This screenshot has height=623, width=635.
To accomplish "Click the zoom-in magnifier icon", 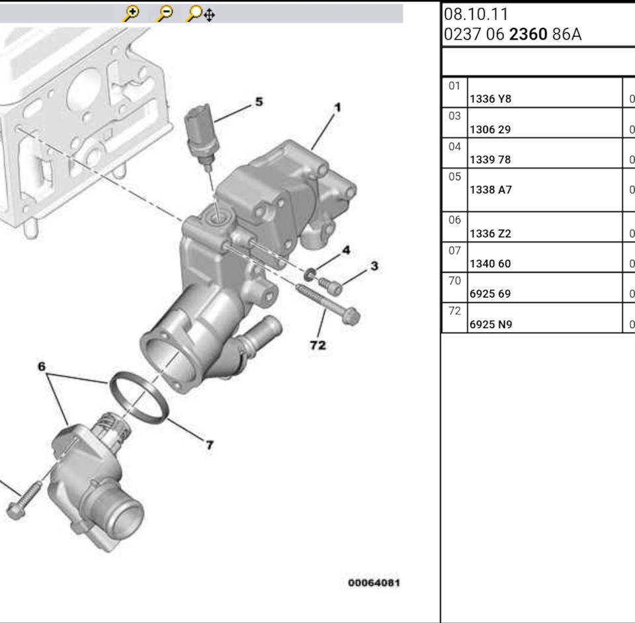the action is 131,13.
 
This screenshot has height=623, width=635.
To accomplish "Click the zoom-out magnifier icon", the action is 165,13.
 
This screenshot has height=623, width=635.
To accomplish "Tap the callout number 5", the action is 259,102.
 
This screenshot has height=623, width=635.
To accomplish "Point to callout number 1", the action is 337,108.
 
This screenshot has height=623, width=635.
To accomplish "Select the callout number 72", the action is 318,345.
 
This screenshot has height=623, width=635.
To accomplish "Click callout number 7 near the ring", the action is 210,445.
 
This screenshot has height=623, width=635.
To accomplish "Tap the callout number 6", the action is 42,366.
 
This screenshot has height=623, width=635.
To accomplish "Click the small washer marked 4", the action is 310,274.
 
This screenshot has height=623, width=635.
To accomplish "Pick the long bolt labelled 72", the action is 328,304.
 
